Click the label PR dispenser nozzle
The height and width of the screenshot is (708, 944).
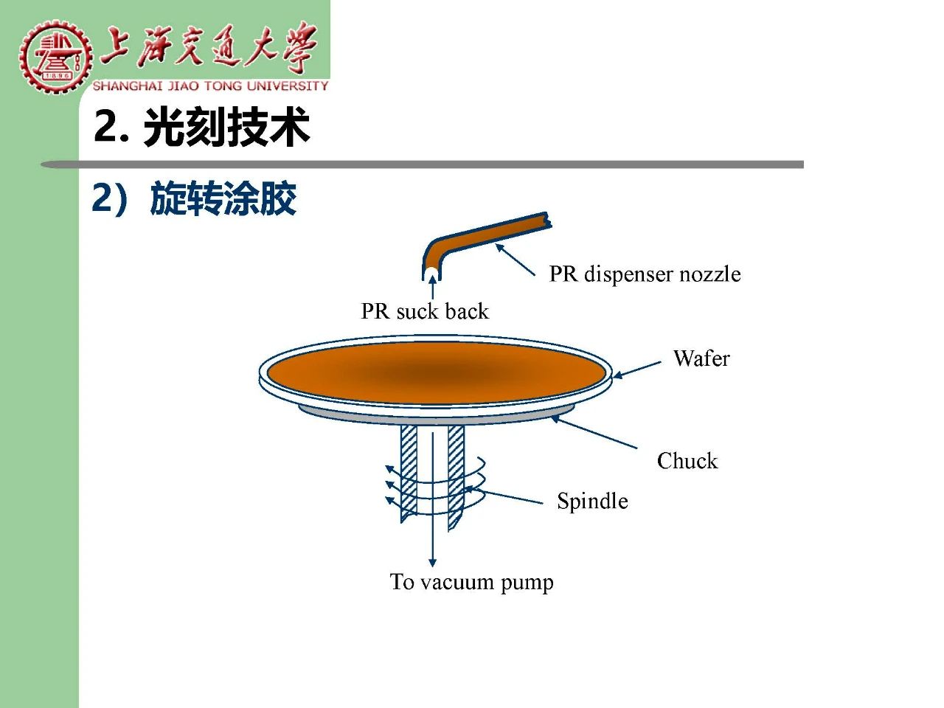(x=645, y=274)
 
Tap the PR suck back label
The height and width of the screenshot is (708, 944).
(x=425, y=311)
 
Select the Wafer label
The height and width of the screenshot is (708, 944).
(x=701, y=358)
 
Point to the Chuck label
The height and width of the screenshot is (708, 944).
(x=687, y=461)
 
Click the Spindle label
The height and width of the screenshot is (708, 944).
(x=592, y=502)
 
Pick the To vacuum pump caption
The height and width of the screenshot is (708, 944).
(x=471, y=583)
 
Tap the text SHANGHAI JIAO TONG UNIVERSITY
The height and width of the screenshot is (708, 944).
(x=210, y=86)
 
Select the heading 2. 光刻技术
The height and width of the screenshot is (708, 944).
(x=201, y=127)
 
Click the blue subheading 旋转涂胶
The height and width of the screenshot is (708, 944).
(x=223, y=198)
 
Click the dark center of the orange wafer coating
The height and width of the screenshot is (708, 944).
(x=434, y=372)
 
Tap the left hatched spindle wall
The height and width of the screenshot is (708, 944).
(x=409, y=473)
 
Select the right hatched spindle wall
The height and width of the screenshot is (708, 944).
(x=456, y=477)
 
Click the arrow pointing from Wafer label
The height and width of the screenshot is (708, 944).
(x=636, y=369)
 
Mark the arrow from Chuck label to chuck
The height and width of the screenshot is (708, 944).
(x=594, y=431)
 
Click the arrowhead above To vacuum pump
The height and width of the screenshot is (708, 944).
(x=433, y=562)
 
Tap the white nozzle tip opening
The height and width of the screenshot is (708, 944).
(x=431, y=274)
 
